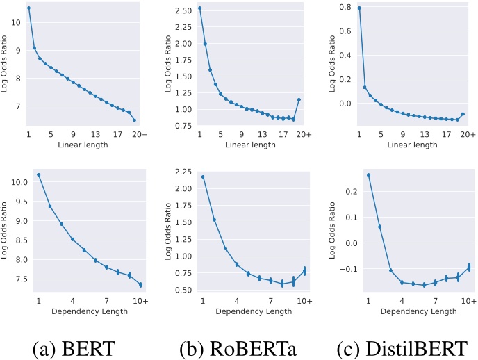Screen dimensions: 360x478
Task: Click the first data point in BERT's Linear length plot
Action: click(x=28, y=8)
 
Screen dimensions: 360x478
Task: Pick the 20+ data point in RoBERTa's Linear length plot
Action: click(x=299, y=99)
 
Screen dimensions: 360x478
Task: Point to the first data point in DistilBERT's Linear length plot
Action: click(x=359, y=8)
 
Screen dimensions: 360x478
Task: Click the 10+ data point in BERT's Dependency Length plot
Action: click(x=140, y=284)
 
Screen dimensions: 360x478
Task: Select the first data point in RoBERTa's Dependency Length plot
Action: click(x=202, y=177)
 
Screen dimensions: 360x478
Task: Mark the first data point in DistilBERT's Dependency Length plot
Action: click(x=368, y=175)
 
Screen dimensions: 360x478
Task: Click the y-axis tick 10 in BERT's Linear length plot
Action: click(x=16, y=22)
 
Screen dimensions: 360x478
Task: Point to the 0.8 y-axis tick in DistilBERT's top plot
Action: click(x=347, y=7)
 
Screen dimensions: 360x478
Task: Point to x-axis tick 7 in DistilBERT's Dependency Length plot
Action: click(x=435, y=301)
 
